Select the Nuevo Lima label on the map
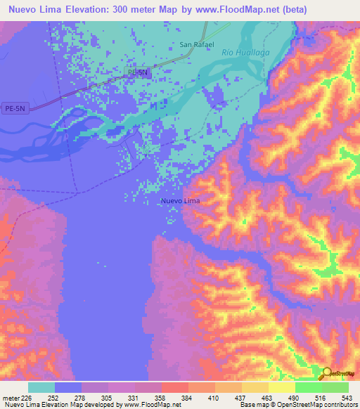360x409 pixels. pyautogui.click(x=180, y=201)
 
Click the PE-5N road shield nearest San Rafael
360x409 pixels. pyautogui.click(x=139, y=72)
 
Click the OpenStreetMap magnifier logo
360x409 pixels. pyautogui.click(x=326, y=374)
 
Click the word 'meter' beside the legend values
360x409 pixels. pyautogui.click(x=11, y=398)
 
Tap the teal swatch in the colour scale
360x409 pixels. pyautogui.click(x=41, y=387)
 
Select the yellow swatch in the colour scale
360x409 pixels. pyautogui.click(x=281, y=387)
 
